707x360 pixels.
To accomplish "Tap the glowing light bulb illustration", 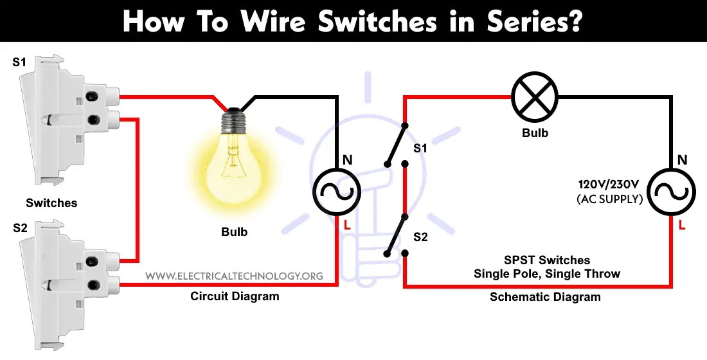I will pyautogui.click(x=235, y=154).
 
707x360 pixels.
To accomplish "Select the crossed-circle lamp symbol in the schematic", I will pyautogui.click(x=535, y=97).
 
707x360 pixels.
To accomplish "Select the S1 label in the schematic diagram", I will pyautogui.click(x=420, y=148).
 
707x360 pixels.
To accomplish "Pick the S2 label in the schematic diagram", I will pyautogui.click(x=420, y=237).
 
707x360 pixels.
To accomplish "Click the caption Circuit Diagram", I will pyautogui.click(x=235, y=296).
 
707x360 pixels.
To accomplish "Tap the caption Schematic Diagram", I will pyautogui.click(x=545, y=296).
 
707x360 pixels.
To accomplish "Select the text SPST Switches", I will pyautogui.click(x=546, y=260).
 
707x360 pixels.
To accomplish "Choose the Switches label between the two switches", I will pyautogui.click(x=51, y=203).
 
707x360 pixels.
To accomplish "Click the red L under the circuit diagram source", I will pyautogui.click(x=347, y=224).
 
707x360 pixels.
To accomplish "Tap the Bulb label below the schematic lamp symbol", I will pyautogui.click(x=535, y=133).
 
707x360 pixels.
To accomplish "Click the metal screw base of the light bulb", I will pyautogui.click(x=234, y=120).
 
